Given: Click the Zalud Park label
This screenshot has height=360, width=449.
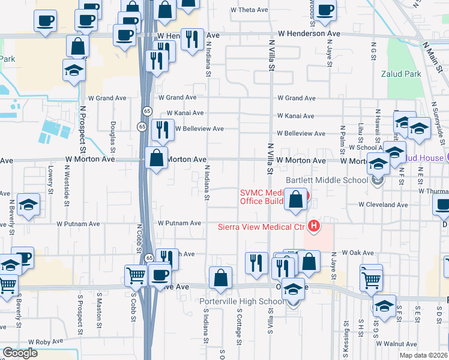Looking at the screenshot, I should pyautogui.click(x=401, y=74).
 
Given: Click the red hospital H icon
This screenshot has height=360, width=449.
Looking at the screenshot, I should pyautogui.click(x=313, y=226).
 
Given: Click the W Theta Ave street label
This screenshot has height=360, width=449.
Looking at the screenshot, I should pyautogui.click(x=250, y=10).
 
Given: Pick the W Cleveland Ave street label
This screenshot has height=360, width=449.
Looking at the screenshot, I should pyautogui.click(x=383, y=205).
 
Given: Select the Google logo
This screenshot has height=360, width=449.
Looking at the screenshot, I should pyautogui.click(x=20, y=353).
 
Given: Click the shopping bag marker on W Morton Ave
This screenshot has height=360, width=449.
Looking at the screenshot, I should pyautogui.click(x=157, y=159).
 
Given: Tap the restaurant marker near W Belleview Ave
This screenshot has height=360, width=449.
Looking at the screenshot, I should pyautogui.click(x=162, y=130).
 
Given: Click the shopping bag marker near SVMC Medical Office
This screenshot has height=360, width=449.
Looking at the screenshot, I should pyautogui.click(x=296, y=200).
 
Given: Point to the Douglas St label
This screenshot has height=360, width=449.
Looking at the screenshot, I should pyautogui.click(x=112, y=134).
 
